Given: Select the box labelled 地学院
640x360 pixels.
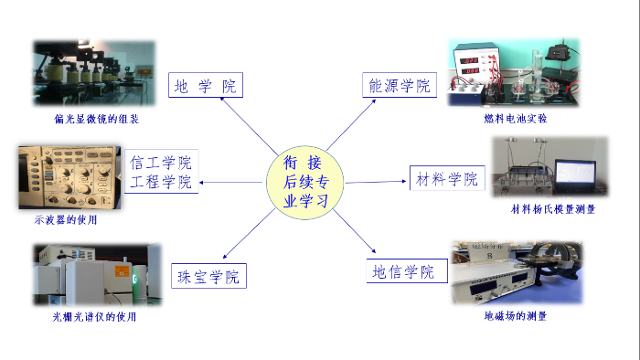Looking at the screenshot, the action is coord(207,87).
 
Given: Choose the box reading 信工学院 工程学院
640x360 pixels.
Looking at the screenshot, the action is coord(162,173).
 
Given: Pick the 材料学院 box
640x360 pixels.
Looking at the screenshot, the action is coord(446,179).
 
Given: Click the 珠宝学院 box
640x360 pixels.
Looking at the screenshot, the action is coord(208,276).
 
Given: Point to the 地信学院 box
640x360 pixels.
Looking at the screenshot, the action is coord(401,271).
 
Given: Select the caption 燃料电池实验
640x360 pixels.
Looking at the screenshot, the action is coord(517,118).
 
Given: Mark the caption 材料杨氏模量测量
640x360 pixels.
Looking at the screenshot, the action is coord(553,209).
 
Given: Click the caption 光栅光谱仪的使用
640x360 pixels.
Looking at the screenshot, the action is coord(93,317).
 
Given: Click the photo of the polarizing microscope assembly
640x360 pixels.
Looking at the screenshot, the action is coord(94,74).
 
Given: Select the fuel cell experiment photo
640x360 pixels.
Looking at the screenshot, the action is coord(514,73).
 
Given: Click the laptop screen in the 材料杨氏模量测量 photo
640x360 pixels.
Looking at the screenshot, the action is coord(576,175).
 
